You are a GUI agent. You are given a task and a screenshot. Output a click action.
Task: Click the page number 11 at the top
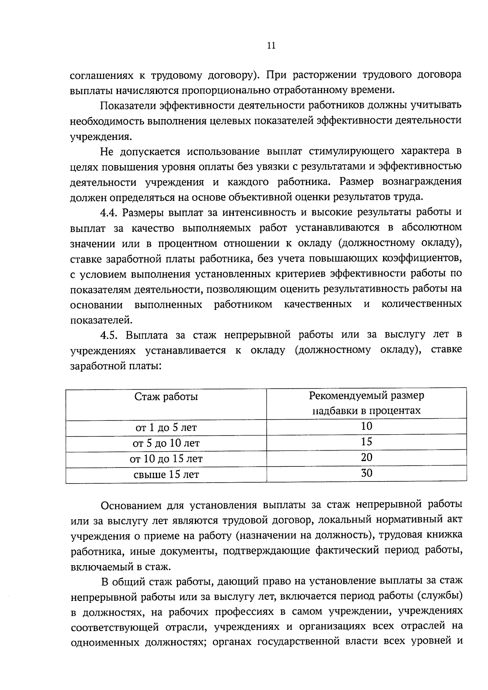[272, 46]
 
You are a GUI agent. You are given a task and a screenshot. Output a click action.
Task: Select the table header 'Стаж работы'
[166, 396]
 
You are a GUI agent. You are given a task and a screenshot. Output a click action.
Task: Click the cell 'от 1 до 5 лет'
[166, 427]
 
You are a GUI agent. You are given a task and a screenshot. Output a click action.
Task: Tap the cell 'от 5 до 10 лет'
[166, 443]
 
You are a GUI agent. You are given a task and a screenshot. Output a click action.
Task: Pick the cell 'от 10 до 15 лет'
[166, 459]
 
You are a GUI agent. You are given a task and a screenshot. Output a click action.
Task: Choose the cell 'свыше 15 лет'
[166, 475]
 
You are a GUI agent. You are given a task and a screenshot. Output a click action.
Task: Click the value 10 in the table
[366, 426]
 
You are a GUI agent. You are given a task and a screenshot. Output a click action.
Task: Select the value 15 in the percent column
[366, 442]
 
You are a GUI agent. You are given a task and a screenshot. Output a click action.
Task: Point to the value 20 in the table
[366, 457]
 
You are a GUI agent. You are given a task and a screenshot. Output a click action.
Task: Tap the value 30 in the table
[366, 473]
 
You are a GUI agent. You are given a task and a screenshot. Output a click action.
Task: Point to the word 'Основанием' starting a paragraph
[131, 505]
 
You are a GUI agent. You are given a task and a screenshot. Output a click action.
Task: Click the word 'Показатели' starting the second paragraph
[127, 105]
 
